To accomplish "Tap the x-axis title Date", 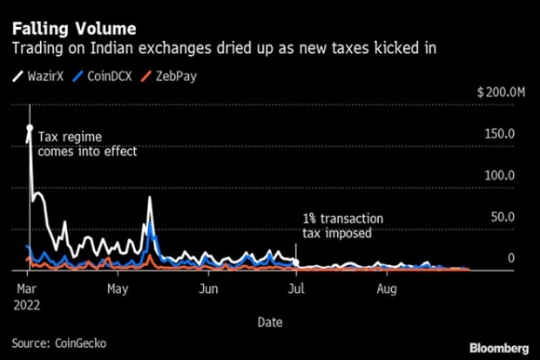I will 269,322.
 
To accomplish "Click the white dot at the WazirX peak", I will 30,128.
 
